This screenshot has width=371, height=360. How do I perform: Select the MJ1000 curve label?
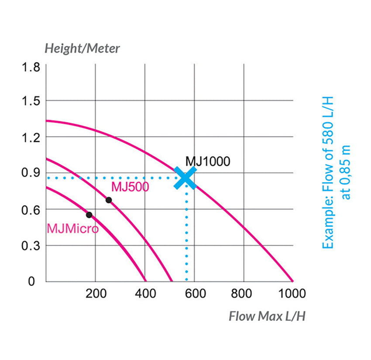[207, 161]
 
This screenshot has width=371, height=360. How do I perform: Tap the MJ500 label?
[130, 187]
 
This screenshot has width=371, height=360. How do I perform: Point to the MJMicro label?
[72, 229]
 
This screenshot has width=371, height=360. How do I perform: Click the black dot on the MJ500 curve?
[109, 200]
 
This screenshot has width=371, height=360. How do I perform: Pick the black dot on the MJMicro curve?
[89, 215]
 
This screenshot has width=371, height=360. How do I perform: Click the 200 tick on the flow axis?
[96, 293]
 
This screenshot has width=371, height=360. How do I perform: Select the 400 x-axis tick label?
[145, 293]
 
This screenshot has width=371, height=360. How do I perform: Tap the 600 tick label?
[195, 293]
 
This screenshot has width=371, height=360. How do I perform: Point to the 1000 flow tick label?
[292, 293]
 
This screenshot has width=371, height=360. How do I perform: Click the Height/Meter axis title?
[82, 48]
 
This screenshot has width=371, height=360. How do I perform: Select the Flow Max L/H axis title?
[267, 316]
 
